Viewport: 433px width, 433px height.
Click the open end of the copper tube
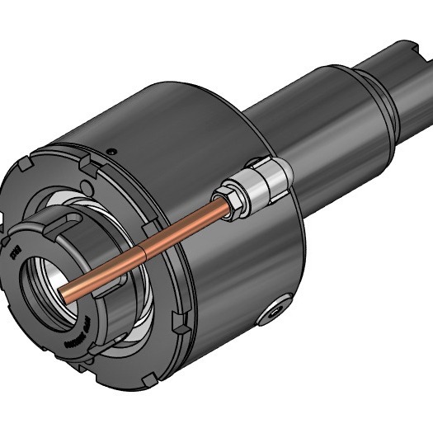pos(64,295)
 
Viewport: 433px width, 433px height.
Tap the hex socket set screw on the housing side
pos(272,312)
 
